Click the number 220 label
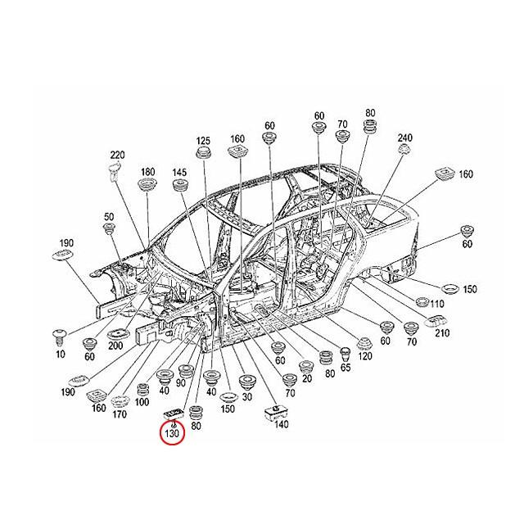point(117,155)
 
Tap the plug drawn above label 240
point(403,151)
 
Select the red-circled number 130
point(173,432)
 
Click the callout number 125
point(204,141)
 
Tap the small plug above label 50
point(108,231)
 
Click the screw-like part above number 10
point(60,336)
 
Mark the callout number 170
point(120,415)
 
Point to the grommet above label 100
point(142,391)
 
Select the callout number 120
point(364,358)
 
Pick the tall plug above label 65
point(346,354)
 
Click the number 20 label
point(306,378)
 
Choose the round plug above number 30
point(245,382)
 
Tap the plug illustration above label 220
point(115,172)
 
